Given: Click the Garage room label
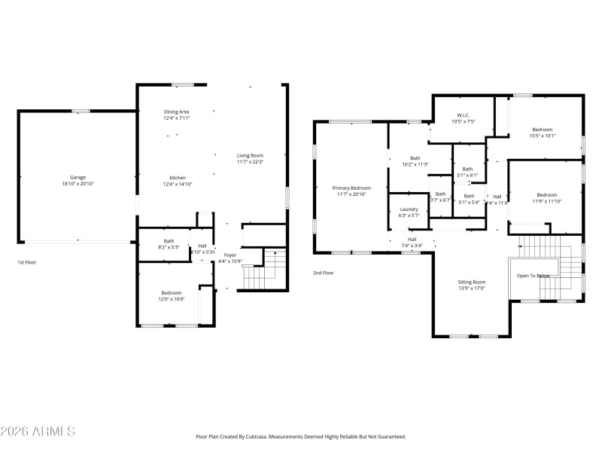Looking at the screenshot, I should [78, 177].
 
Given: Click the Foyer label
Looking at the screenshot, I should [230, 255].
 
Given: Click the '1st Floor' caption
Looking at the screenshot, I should [26, 262].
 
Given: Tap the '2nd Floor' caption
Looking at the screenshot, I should [323, 273].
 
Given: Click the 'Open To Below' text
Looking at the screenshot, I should [533, 276].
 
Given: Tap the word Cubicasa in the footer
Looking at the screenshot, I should [266, 436].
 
